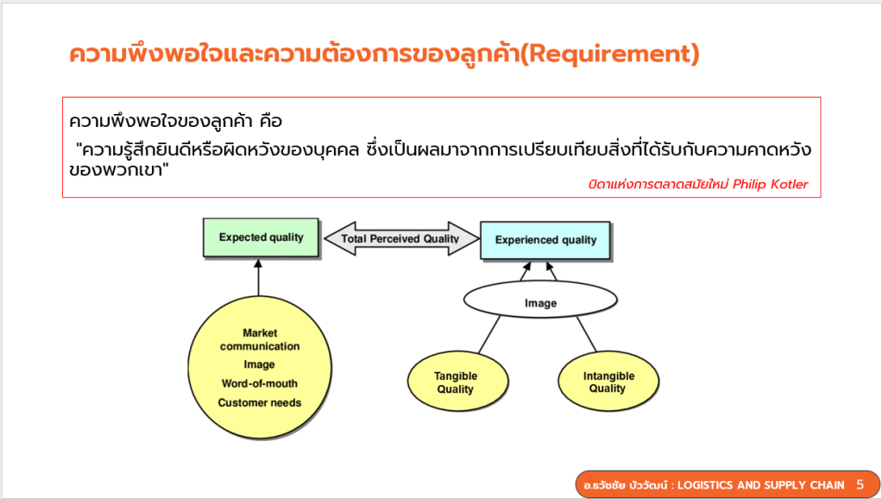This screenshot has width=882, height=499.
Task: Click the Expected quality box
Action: pos(261,237)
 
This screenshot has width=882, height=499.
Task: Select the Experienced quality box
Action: pos(545,240)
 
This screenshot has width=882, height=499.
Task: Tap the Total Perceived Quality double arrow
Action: pos(400,238)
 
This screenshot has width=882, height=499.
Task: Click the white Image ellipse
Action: pos(540,303)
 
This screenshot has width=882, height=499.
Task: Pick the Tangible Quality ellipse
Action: pos(456,382)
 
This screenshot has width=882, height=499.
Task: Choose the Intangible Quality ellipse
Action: pos(608,382)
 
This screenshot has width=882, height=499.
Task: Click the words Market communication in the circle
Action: pos(260,339)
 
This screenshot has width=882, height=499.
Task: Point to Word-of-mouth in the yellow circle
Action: pos(260,383)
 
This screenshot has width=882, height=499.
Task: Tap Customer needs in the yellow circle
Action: pos(260,402)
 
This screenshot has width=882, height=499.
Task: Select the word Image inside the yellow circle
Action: pos(259,364)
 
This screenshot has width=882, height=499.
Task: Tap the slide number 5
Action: pos(860,484)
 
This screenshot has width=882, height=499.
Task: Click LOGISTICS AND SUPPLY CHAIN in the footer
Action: pos(760,485)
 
